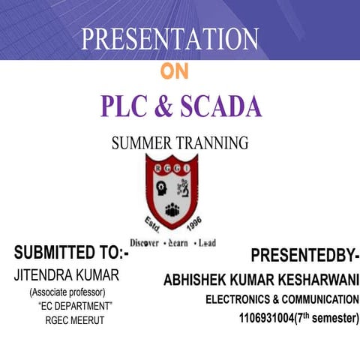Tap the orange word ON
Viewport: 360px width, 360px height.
click(x=175, y=72)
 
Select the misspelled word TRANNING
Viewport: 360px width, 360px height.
click(x=210, y=143)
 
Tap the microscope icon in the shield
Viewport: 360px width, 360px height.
click(x=188, y=185)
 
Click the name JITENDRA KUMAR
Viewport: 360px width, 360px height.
click(x=66, y=275)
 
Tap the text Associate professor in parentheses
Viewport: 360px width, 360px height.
click(x=67, y=292)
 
